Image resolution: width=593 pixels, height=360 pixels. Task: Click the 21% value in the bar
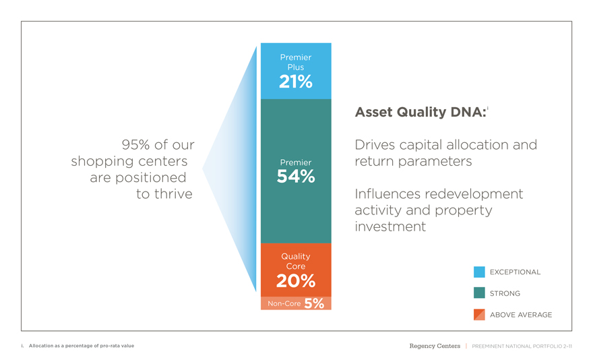(x=296, y=82)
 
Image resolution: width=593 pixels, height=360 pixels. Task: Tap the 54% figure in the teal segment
(x=296, y=177)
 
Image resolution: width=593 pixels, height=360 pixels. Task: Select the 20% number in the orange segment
(x=296, y=281)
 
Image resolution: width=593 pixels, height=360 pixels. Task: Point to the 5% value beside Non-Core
(x=314, y=303)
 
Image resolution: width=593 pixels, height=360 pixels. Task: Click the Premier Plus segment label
(x=296, y=62)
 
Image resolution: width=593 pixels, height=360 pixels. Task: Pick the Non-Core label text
(x=284, y=303)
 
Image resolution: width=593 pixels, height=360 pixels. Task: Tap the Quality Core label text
(x=296, y=261)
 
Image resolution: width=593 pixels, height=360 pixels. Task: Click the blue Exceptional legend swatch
(x=479, y=272)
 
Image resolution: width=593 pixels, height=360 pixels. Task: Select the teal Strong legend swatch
(x=479, y=293)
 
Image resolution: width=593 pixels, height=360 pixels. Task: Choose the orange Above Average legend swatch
(x=479, y=315)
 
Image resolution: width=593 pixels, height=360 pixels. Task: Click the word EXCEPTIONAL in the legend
(x=515, y=272)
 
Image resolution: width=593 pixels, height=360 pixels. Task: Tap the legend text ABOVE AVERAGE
(x=521, y=315)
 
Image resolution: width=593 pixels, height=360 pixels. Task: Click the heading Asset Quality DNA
(x=420, y=112)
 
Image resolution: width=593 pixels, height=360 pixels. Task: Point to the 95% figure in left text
(x=134, y=144)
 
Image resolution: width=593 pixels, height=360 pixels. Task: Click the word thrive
(x=173, y=193)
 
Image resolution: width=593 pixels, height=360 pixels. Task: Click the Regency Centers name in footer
(x=435, y=346)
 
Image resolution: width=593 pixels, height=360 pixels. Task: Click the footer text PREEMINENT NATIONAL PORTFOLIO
(x=517, y=347)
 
